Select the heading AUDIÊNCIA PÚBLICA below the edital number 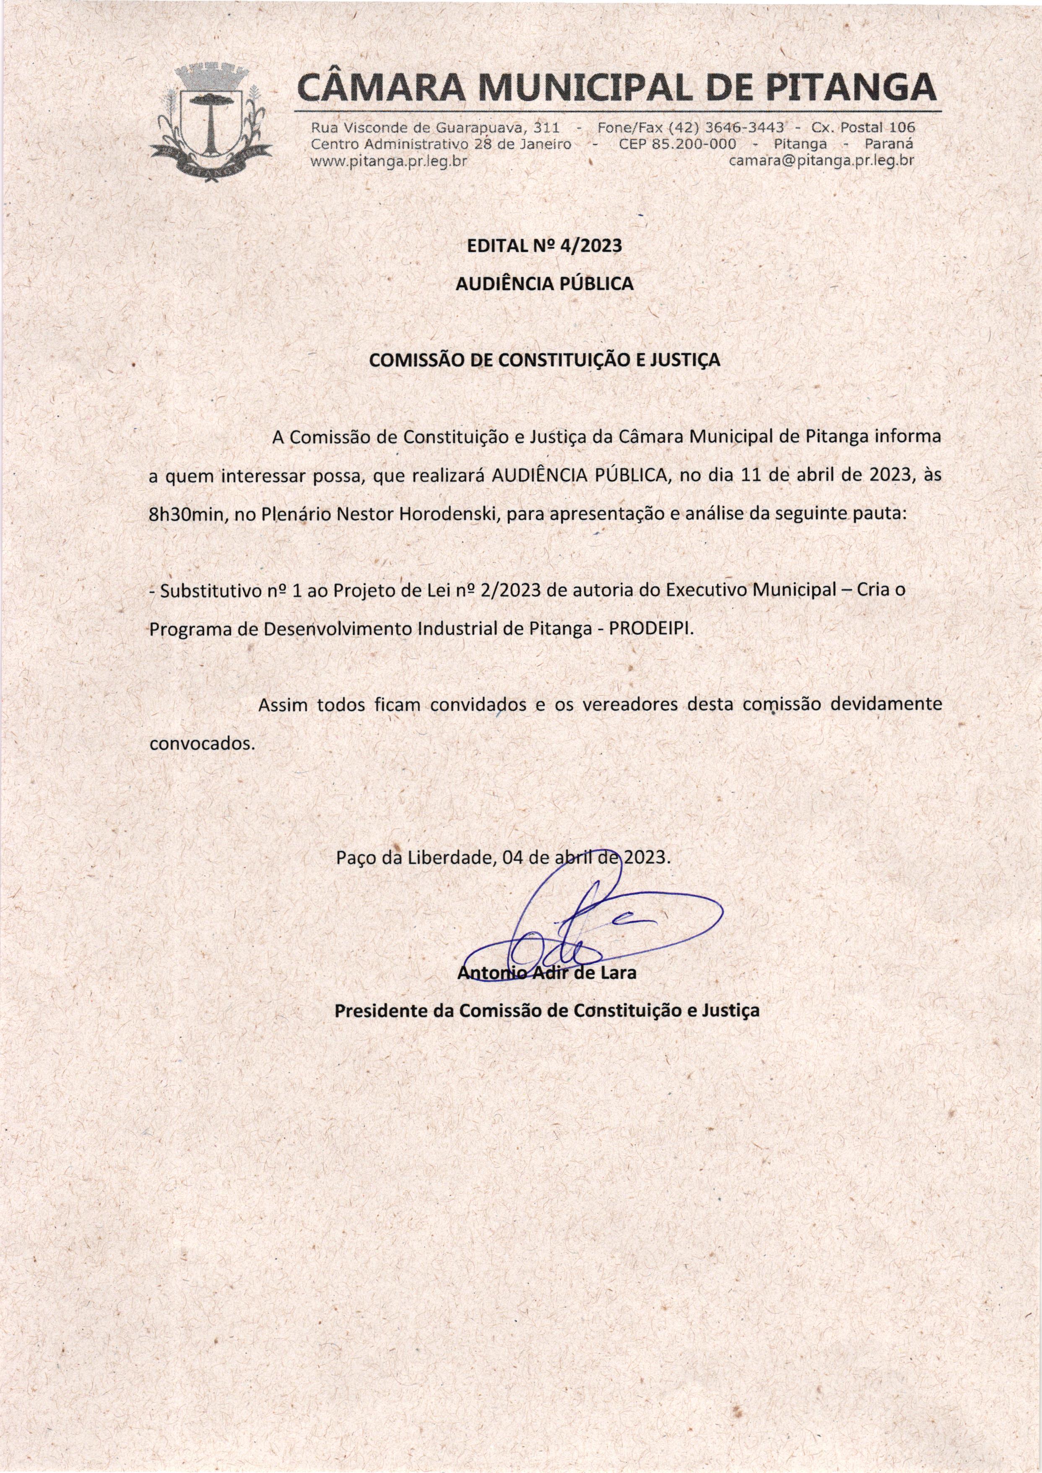544,283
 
